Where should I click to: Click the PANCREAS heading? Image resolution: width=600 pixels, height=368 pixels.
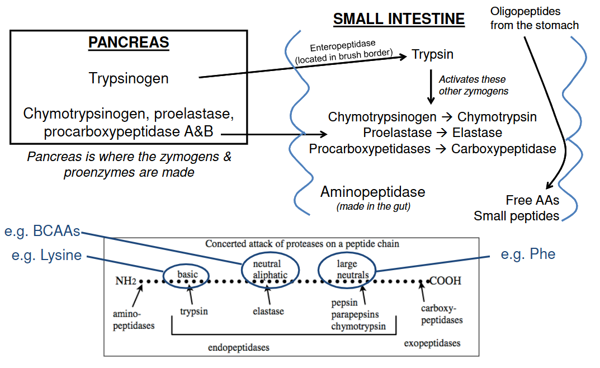point(129,43)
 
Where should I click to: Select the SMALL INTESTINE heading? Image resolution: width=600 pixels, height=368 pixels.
point(399,19)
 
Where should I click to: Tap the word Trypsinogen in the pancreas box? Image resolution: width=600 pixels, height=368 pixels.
point(129,78)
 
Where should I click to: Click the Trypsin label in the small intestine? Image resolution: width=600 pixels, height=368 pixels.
point(432,54)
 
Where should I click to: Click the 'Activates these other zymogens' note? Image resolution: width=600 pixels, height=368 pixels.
point(473,85)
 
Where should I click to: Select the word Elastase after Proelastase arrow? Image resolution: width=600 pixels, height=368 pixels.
point(477,133)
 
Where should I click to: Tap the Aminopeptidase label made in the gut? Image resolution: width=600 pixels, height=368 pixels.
point(372,192)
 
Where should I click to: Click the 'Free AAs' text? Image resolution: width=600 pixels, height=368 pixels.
point(532,200)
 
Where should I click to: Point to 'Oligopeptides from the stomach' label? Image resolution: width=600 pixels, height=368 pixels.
point(534,18)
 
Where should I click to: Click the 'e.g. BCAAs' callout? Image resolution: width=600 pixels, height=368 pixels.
point(42,232)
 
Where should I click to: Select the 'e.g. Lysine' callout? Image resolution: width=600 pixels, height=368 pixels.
point(46,256)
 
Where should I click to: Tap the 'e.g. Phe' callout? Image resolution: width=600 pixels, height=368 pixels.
point(528,254)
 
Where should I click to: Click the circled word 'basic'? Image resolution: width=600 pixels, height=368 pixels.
point(187,275)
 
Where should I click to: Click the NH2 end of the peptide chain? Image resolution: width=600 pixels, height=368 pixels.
point(126,281)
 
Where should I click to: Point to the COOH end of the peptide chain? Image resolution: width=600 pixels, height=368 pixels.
point(445,281)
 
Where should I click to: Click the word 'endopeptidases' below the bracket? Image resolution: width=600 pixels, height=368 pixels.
point(239,347)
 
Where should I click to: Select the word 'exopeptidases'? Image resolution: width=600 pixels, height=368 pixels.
point(432,343)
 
